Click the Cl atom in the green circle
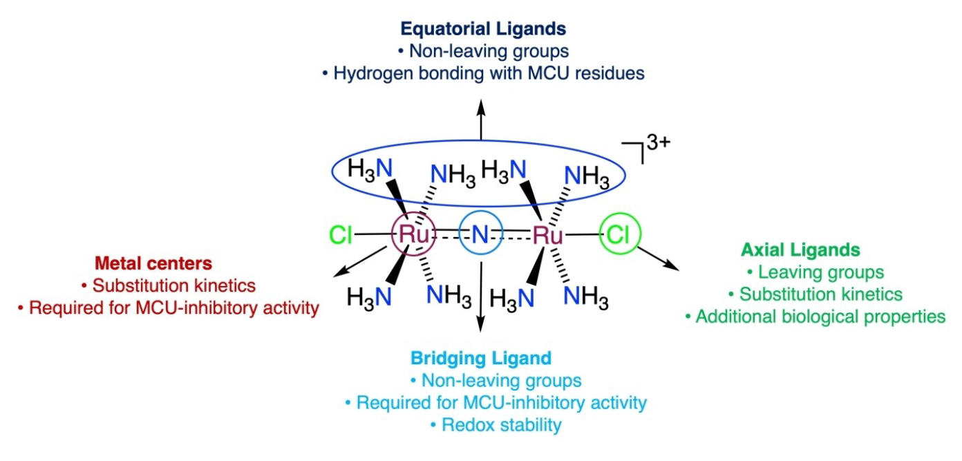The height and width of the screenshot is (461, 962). coord(619,234)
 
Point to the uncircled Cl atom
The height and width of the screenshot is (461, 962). coord(341,236)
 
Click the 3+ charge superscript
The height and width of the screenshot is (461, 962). coord(657,144)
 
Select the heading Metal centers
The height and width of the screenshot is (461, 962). coord(153,263)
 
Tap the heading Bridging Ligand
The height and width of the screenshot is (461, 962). coord(481,358)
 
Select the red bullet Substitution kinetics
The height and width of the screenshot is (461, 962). coord(168,285)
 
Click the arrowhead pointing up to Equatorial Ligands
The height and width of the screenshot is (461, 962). coord(481,104)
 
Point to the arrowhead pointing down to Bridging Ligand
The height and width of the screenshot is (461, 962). coord(481,335)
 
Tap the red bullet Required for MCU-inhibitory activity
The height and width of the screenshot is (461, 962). coord(168,308)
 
